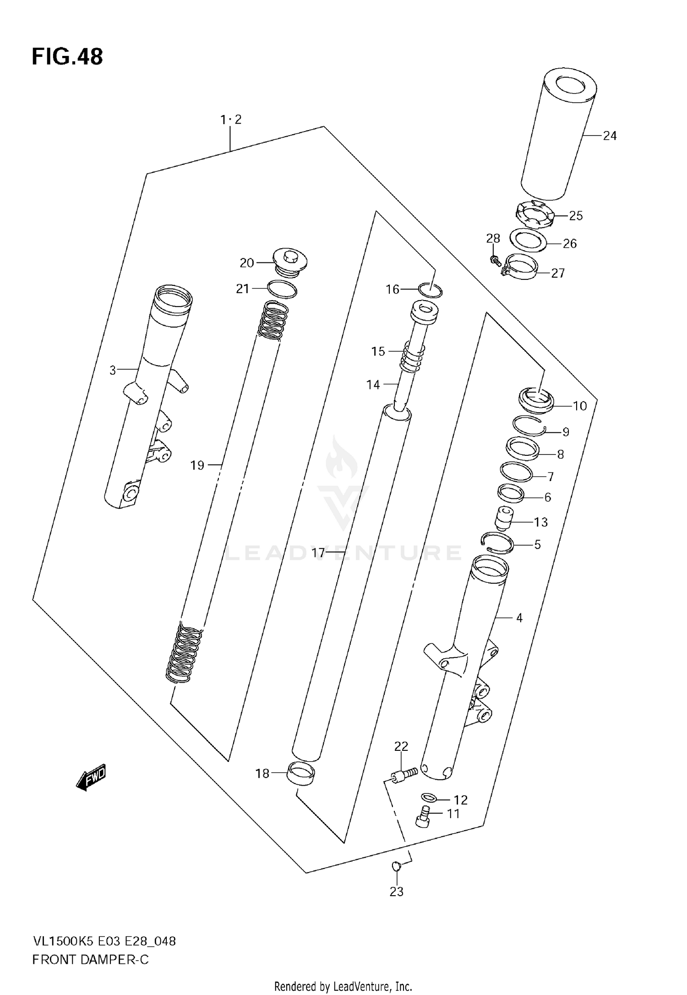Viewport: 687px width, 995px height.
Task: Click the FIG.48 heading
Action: click(x=67, y=57)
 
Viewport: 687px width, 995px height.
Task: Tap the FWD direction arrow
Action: click(x=91, y=777)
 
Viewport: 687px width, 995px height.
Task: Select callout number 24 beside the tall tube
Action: click(x=609, y=136)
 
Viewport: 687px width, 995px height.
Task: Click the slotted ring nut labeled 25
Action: click(x=535, y=214)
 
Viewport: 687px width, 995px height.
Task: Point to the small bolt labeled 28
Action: click(x=494, y=260)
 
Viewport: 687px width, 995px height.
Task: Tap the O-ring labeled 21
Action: click(x=282, y=290)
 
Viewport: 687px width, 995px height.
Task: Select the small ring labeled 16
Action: click(x=431, y=290)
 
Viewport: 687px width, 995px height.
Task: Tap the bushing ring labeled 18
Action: click(x=301, y=774)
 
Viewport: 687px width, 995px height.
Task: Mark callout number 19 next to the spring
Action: click(x=197, y=465)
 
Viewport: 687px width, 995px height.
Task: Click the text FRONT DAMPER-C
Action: click(x=91, y=959)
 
